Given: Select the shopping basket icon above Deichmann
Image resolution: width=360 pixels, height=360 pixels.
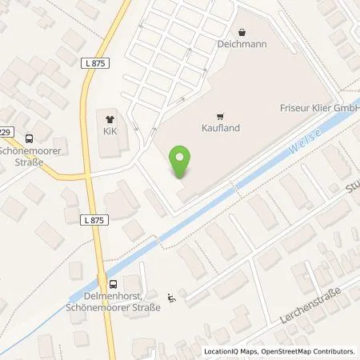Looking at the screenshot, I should (238, 34).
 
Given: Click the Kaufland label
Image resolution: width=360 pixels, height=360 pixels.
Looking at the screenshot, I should (214, 126).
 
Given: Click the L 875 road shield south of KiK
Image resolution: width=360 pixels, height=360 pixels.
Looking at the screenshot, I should (93, 218).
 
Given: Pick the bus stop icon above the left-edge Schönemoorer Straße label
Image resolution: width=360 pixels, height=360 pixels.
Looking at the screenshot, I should (30, 138).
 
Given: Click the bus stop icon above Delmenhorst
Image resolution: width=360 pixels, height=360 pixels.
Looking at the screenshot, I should (113, 282).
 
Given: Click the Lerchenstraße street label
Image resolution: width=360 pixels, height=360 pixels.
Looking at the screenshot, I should (311, 305).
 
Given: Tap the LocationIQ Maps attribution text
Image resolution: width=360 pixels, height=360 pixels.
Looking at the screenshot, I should (231, 351).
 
